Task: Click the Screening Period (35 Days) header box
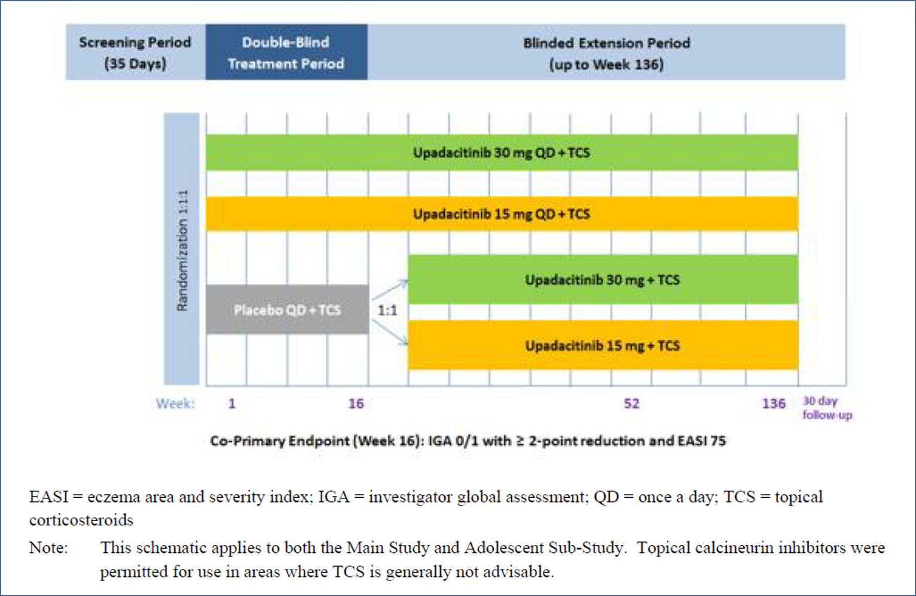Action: (x=135, y=53)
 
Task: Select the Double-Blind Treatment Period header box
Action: (x=286, y=53)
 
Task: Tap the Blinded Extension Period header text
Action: (x=606, y=53)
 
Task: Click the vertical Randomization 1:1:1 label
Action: (x=182, y=250)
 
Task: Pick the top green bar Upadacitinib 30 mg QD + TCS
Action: (x=502, y=153)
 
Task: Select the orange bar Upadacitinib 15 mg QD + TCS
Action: (x=502, y=214)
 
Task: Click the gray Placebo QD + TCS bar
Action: (x=287, y=310)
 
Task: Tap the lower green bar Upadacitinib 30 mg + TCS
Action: (x=602, y=280)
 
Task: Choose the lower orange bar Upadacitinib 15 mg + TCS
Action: (x=602, y=346)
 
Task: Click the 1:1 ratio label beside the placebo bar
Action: (x=387, y=310)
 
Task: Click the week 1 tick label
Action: (x=232, y=404)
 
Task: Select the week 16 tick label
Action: (x=356, y=404)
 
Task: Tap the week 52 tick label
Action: (x=632, y=404)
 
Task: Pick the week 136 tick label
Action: (x=774, y=404)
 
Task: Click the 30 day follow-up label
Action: (x=827, y=408)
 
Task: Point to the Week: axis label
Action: (x=175, y=404)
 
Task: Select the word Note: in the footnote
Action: (x=48, y=547)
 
